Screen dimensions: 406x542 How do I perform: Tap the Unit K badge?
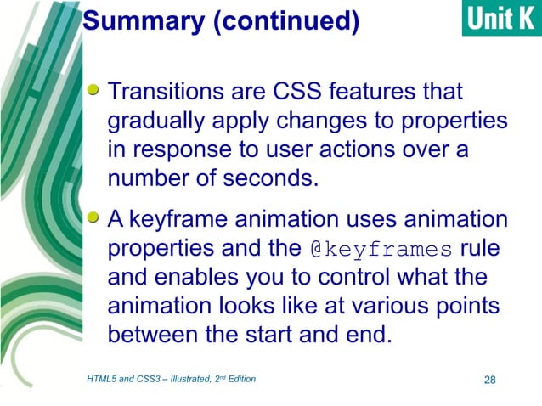click(x=501, y=19)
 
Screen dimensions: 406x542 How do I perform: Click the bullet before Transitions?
click(x=95, y=88)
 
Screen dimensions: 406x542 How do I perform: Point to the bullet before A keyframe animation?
click(x=95, y=219)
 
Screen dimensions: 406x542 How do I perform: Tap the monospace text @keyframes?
click(x=381, y=251)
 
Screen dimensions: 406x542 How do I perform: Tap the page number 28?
click(x=488, y=379)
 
